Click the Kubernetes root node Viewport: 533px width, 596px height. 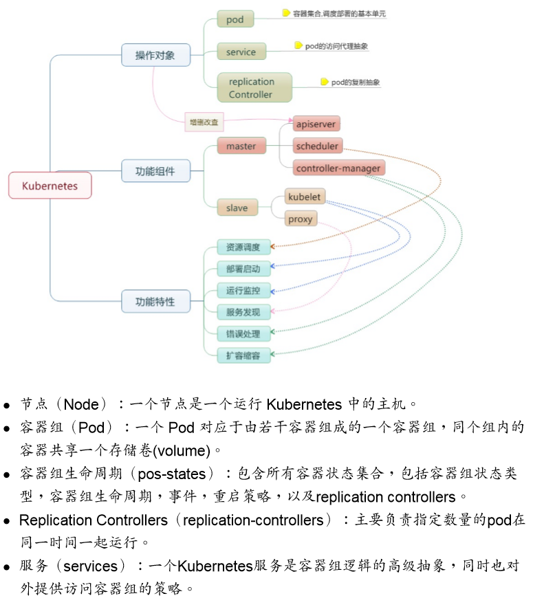[50, 186]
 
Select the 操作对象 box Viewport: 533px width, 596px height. [155, 55]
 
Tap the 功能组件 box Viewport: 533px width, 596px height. [155, 170]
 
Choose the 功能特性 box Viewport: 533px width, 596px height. [155, 301]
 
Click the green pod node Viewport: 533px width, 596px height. [235, 19]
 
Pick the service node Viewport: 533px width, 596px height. [241, 52]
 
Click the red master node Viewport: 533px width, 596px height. [241, 146]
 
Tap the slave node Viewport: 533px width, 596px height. [237, 207]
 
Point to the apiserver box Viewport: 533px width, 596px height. [316, 124]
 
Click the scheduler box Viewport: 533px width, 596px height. [316, 146]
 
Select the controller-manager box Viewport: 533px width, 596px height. [338, 168]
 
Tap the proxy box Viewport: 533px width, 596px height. [301, 219]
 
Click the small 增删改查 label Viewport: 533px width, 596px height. [204, 122]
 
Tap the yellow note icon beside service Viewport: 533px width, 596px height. [298, 45]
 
